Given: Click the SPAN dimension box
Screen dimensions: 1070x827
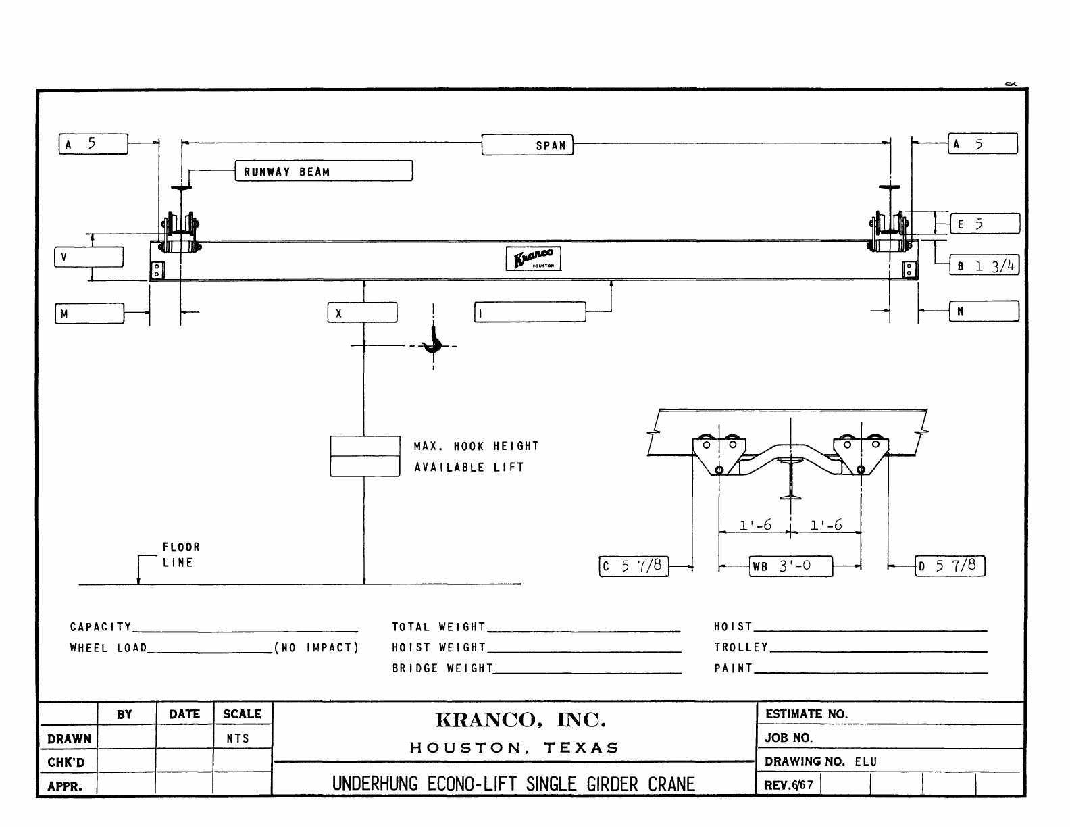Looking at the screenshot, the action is pyautogui.click(x=528, y=145).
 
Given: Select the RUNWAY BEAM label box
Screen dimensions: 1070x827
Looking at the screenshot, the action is pyautogui.click(x=324, y=171).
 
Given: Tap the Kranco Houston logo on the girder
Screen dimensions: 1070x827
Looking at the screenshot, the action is pyautogui.click(x=534, y=259).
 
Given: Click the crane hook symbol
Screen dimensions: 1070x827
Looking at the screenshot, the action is pyautogui.click(x=433, y=339).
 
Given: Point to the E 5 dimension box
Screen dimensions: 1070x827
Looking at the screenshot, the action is pyautogui.click(x=985, y=224).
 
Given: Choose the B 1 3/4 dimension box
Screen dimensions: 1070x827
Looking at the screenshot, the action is pyautogui.click(x=984, y=266).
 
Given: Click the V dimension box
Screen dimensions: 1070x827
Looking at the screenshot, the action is pyautogui.click(x=89, y=257).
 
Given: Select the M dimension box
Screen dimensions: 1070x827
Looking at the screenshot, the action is pyautogui.click(x=90, y=314).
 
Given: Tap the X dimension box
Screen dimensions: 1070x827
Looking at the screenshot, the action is pyautogui.click(x=363, y=313).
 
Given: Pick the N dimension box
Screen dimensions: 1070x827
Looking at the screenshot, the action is pyautogui.click(x=984, y=311).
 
